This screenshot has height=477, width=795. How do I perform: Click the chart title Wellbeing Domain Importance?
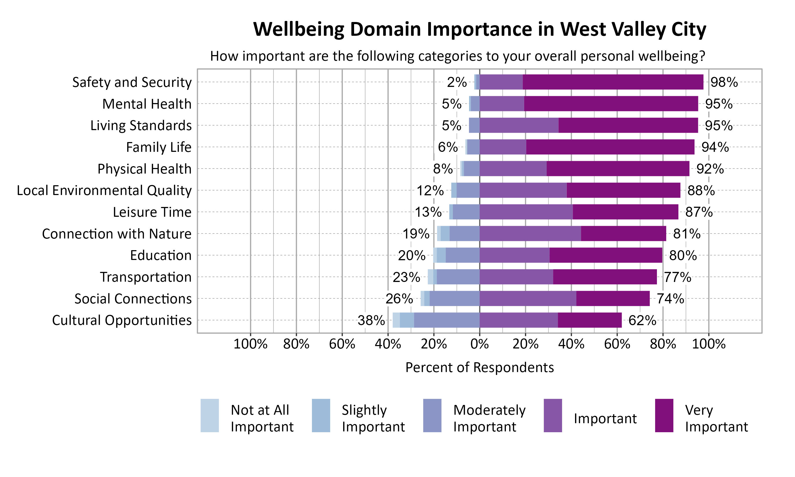pos(479,30)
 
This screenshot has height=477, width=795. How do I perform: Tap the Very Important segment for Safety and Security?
pos(612,82)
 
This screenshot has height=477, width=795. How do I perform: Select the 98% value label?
pos(724,82)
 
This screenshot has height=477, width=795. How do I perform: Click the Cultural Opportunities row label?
pos(122,320)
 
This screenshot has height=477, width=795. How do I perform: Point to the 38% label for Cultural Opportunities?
pos(371,320)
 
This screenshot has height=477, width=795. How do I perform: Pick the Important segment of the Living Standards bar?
pos(519,125)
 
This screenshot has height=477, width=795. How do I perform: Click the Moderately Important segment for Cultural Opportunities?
pos(447,320)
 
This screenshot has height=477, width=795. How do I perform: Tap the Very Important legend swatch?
pos(664,415)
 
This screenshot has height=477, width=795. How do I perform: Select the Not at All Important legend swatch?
pos(210,415)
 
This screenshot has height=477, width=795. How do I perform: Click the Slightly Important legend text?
pos(373,418)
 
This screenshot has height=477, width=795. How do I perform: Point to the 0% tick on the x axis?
pos(479,344)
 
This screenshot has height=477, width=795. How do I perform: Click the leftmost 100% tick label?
pos(250,344)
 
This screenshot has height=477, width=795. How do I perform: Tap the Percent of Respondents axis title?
pos(479,367)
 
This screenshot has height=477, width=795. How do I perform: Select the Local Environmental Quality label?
pos(104,190)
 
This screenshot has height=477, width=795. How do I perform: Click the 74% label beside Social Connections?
pos(670,299)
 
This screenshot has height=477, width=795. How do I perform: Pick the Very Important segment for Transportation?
pos(605,277)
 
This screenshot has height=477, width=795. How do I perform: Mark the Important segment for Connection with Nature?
pos(530,234)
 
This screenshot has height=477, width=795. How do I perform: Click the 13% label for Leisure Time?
pos(428,212)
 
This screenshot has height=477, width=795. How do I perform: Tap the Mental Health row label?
pos(147,104)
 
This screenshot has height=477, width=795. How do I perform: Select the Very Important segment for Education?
pos(606,255)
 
